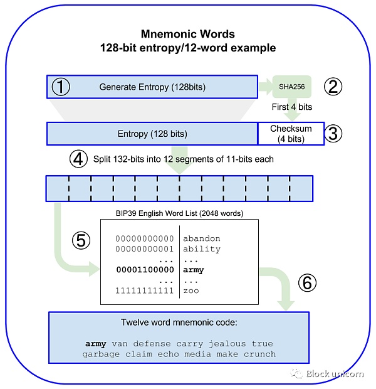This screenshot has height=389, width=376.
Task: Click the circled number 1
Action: point(60,87)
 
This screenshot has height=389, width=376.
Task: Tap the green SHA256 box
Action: point(291,87)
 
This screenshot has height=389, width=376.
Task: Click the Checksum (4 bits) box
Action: point(291,133)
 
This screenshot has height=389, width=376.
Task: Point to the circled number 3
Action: point(335,133)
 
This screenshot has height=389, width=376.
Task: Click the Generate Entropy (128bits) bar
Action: point(152,87)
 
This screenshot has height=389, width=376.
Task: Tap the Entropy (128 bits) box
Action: point(152,134)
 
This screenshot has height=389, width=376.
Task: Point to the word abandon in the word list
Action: point(202,238)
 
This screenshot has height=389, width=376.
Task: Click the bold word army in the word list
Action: point(194,270)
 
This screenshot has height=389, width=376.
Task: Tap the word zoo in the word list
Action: point(191,290)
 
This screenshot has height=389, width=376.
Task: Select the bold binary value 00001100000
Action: point(145,270)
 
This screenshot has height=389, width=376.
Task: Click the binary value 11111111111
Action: point(145,290)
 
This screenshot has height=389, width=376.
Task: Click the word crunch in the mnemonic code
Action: point(259,354)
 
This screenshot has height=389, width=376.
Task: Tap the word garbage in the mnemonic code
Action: point(101,354)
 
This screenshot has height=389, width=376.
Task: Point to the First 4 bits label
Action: point(291,107)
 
